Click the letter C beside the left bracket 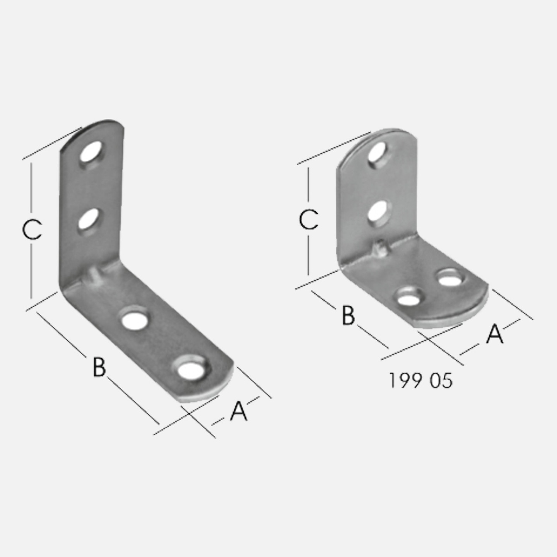point(32,230)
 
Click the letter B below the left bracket point(99,367)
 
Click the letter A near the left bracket point(239,411)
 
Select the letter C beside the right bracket point(309,220)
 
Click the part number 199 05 point(420,380)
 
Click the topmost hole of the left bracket point(92,151)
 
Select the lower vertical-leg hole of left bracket point(88,219)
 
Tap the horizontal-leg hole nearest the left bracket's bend point(135,320)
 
